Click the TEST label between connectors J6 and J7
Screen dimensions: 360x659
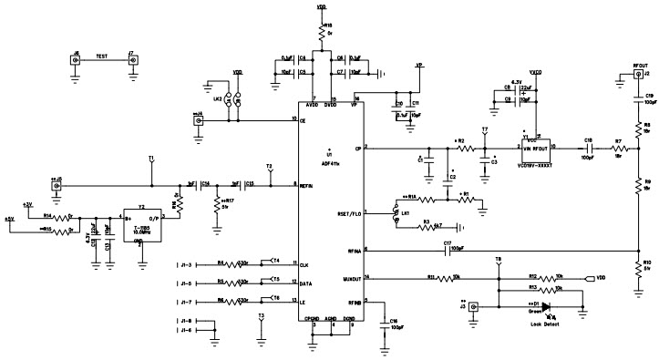103,56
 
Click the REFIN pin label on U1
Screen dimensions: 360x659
307,184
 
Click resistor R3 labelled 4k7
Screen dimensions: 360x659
428,227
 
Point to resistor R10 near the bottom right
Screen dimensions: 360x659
636,265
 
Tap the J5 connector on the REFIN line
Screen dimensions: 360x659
57,185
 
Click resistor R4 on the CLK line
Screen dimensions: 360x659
235,264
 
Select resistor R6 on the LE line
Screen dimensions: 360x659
235,302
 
